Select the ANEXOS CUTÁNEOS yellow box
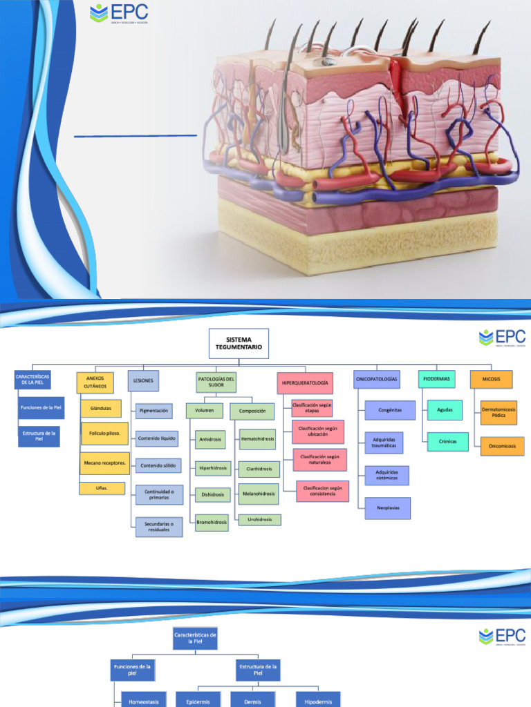click(x=94, y=382)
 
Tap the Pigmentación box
click(x=153, y=411)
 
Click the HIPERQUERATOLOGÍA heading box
click(x=304, y=382)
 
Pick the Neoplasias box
click(x=388, y=507)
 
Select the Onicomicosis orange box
click(x=503, y=446)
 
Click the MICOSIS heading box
click(x=491, y=379)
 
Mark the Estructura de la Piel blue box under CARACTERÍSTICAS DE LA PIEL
click(x=39, y=436)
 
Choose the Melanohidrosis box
click(x=259, y=494)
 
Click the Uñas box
click(x=101, y=488)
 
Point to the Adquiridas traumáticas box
click(x=384, y=443)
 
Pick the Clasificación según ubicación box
click(x=318, y=432)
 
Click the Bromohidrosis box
click(x=212, y=521)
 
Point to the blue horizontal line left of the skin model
click(x=136, y=135)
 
